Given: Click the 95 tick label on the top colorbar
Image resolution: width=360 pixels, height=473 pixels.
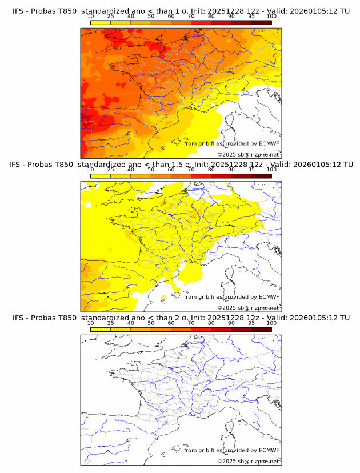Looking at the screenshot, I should (251, 16).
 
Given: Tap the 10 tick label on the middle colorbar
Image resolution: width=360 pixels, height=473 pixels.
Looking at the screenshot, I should (90, 169).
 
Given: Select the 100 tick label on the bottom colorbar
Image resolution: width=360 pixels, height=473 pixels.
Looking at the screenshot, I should (271, 323).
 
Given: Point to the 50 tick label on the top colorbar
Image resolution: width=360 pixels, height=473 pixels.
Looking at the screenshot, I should (151, 16).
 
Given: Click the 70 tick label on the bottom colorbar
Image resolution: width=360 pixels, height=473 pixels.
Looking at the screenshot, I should (191, 323).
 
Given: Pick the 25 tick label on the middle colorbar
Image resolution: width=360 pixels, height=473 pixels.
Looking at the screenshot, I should (110, 169).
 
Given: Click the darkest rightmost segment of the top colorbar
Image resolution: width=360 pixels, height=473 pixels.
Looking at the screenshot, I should (261, 22).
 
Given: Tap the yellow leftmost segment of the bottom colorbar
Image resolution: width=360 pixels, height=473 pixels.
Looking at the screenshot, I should (100, 329).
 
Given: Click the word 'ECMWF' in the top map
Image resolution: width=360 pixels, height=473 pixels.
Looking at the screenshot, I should (269, 143).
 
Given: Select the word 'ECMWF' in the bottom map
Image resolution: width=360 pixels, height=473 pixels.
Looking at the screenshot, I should (269, 450).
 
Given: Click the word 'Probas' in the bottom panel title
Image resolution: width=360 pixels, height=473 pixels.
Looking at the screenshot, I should (43, 318).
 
